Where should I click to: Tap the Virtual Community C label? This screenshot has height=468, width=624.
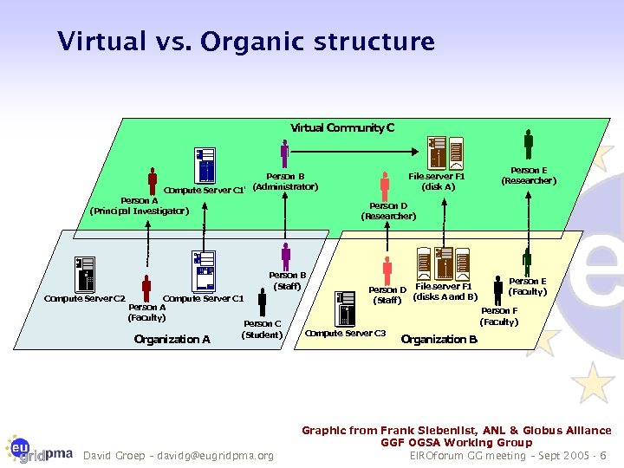tap(342, 128)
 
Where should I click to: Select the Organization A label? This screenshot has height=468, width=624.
tap(172, 339)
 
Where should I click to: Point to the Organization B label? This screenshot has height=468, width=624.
tap(439, 339)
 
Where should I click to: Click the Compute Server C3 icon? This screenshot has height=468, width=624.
tap(348, 309)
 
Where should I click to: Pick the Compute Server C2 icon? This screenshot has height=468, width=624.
tap(84, 275)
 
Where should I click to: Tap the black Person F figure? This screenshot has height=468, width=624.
tap(497, 291)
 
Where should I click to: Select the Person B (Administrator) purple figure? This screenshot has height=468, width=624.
tap(284, 155)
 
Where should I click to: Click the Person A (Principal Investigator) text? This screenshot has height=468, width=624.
tap(139, 205)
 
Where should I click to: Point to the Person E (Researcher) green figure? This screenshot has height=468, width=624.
tap(528, 144)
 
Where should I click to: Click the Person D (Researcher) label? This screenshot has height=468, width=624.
tap(388, 211)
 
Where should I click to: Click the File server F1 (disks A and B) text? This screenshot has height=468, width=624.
tap(445, 291)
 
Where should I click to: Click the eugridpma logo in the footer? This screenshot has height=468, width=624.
tap(39, 448)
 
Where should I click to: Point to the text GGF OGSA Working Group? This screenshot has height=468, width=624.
tap(457, 442)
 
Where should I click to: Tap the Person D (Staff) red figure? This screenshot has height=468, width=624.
tap(387, 270)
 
